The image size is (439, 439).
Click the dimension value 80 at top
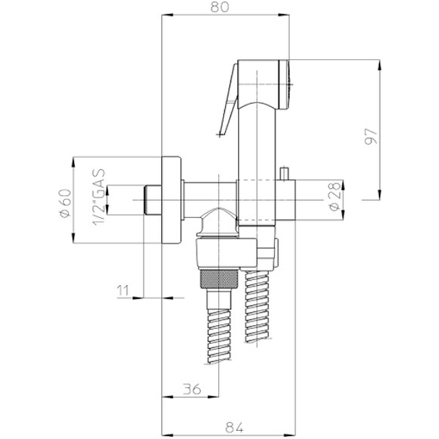coord(219,7)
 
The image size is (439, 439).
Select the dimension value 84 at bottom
coord(234,427)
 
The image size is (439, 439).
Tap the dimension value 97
coord(371,136)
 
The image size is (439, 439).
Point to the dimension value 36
coord(192,389)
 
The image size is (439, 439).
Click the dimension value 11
coord(123,290)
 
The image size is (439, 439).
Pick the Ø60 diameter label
coord(65,203)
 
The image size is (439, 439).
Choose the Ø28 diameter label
coord(335,196)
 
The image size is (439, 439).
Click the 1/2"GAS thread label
coord(99,197)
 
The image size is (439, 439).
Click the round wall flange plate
coord(171,200)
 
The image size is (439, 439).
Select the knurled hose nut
coord(219,279)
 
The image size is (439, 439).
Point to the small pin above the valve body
coord(285,173)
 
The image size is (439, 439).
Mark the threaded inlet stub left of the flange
coord(153,200)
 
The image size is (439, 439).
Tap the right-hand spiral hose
coord(257,306)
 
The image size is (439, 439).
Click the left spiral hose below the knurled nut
coord(219,336)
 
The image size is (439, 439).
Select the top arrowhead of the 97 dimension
coord(379,65)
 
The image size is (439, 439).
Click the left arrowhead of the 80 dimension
coord(167,16)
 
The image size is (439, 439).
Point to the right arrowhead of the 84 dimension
coord(291,435)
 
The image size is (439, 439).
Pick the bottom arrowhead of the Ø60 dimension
coord(74,238)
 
